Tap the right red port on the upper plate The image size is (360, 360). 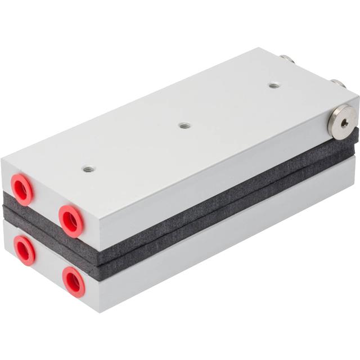tap(71, 220)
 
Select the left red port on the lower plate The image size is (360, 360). tap(24, 250)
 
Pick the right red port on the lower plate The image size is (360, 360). tap(73, 281)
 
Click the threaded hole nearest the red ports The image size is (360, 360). tap(88, 168)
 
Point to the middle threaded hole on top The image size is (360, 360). tap(184, 125)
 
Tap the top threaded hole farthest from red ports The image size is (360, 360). tap(273, 85)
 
